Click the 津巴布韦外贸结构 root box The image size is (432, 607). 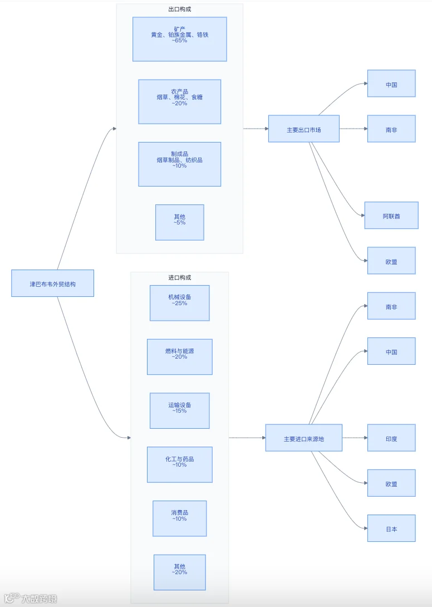(x=53, y=283)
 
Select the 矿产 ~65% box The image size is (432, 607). (x=180, y=39)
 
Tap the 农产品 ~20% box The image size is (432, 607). (x=180, y=102)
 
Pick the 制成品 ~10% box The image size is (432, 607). (x=180, y=164)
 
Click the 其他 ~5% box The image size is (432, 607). (x=180, y=223)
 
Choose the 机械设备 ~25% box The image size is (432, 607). (x=180, y=303)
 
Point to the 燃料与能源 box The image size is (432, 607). (x=180, y=357)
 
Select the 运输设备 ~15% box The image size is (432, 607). (x=180, y=411)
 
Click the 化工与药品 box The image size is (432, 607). (x=180, y=464)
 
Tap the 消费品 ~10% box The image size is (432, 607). (x=180, y=518)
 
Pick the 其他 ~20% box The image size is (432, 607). (x=180, y=572)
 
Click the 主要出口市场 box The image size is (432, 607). (x=304, y=129)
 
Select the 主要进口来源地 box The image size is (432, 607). (x=304, y=438)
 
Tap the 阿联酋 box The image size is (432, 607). (x=391, y=216)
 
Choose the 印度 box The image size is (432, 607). (x=391, y=438)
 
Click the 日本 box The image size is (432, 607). (x=391, y=528)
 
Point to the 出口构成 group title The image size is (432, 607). (x=180, y=9)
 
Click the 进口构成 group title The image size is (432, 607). (x=180, y=277)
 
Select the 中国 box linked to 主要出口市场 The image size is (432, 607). (x=391, y=84)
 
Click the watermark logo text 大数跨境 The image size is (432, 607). (x=39, y=599)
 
